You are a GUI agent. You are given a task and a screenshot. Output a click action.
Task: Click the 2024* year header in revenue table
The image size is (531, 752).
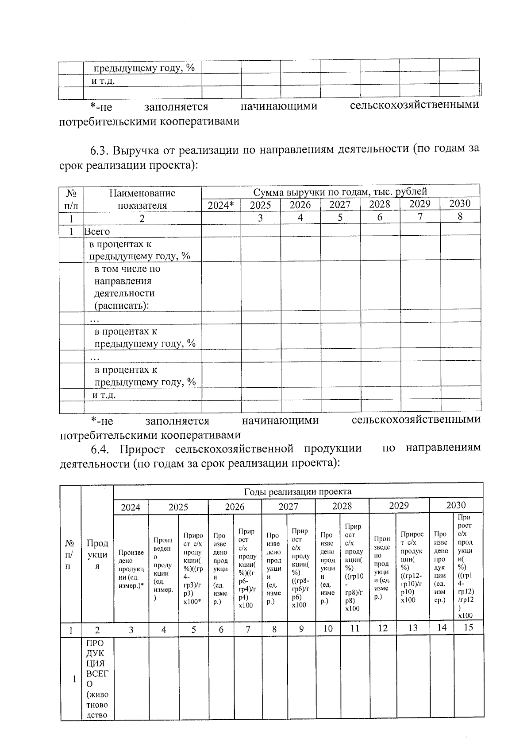tap(221, 205)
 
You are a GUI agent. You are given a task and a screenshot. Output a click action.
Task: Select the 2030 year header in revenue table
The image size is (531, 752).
tap(460, 203)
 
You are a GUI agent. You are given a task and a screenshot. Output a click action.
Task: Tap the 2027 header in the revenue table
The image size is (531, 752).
tap(340, 205)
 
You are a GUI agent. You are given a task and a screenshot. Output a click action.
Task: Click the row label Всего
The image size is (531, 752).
tap(97, 231)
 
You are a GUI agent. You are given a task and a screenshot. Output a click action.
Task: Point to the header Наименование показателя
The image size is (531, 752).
tap(142, 199)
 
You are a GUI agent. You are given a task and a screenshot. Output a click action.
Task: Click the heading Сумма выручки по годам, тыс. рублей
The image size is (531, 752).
tap(340, 192)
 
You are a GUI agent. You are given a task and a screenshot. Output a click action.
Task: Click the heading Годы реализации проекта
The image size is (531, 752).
tap(298, 491)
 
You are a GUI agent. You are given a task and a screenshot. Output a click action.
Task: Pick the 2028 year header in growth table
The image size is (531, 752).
tap(342, 506)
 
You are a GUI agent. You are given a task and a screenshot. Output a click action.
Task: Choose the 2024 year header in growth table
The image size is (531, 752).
tap(131, 507)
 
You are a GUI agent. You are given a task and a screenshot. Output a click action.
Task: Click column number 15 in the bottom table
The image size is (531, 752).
tap(468, 627)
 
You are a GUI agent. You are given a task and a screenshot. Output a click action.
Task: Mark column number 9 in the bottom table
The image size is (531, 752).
tap(301, 628)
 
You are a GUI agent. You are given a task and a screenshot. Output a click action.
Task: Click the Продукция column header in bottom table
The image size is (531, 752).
tap(97, 554)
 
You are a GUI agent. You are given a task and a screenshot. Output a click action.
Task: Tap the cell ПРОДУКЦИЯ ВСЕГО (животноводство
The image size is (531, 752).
tap(97, 678)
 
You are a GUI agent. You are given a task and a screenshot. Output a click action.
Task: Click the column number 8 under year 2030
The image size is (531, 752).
tap(460, 217)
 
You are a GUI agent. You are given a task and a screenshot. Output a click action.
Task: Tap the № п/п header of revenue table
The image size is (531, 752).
tap(71, 199)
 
